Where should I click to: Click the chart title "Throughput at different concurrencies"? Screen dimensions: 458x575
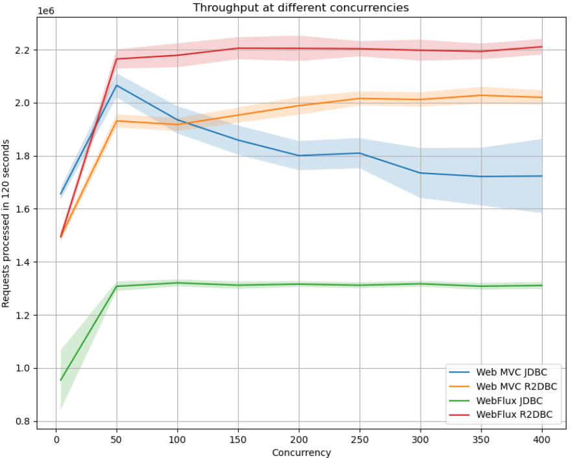click(x=301, y=8)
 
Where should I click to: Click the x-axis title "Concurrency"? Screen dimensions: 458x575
click(x=301, y=452)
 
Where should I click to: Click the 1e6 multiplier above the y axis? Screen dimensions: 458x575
click(x=46, y=11)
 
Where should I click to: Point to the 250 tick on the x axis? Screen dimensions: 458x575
click(x=360, y=439)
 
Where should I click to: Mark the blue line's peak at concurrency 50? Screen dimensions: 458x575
click(x=117, y=86)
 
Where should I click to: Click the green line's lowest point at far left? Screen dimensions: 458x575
click(x=61, y=380)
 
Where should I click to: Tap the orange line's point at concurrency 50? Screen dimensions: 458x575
click(x=117, y=121)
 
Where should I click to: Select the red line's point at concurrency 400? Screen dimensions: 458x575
click(x=541, y=47)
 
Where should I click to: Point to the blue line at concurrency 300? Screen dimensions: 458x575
click(x=421, y=173)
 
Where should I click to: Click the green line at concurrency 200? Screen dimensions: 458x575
click(x=299, y=284)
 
